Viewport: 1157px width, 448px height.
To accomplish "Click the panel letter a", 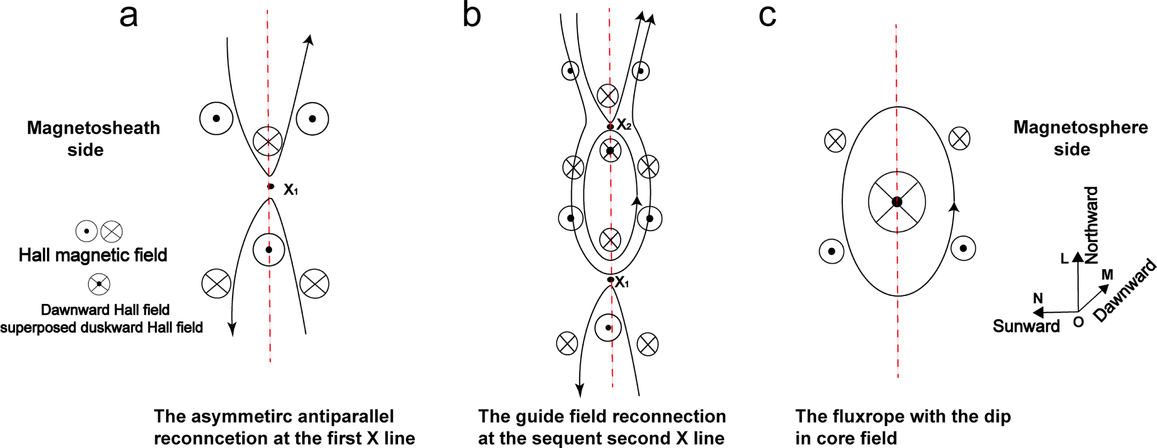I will click(129, 16).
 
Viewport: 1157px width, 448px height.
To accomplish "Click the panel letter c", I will click(767, 16).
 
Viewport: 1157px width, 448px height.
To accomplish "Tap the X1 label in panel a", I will click(291, 190).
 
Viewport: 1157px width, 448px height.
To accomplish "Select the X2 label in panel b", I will click(624, 125).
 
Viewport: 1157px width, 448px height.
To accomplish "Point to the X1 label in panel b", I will click(622, 283).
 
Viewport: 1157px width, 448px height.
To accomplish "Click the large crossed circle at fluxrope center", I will click(897, 202).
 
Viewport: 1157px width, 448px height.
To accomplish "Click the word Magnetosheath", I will click(93, 128).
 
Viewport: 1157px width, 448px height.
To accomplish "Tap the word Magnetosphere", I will click(1080, 127).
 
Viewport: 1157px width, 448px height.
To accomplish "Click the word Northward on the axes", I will click(1091, 225).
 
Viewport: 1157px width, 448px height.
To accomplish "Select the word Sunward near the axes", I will click(1026, 326).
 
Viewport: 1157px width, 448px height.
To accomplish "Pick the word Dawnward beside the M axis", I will click(1125, 290).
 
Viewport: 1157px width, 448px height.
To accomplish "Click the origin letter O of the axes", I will click(1078, 322).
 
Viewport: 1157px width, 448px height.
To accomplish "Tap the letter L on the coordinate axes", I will click(1064, 259).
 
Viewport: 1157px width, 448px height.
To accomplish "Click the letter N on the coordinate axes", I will click(1038, 298).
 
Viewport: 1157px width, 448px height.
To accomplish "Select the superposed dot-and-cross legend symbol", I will click(99, 284).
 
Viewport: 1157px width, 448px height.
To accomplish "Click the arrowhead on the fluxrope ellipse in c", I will click(954, 207).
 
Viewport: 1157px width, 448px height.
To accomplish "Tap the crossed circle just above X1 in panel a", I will click(268, 141).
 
